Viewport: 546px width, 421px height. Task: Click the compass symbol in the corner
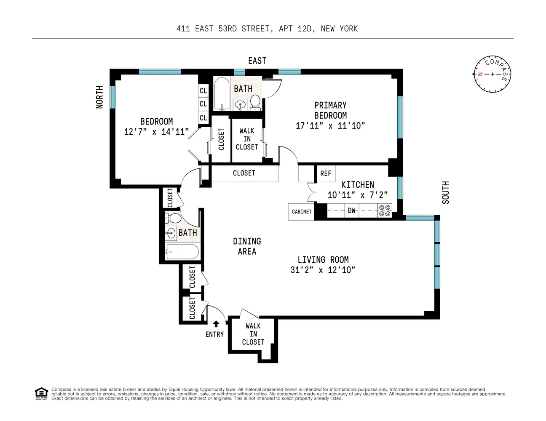(x=492, y=74)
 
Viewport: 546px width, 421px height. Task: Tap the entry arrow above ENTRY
(x=216, y=324)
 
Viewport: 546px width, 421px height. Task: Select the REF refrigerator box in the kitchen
(x=326, y=173)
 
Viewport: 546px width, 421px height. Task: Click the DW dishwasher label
(x=351, y=210)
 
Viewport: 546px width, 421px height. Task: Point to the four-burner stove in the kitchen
(x=384, y=210)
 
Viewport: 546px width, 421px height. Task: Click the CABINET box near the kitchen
(x=302, y=211)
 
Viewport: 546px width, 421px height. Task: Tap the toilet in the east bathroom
(x=255, y=101)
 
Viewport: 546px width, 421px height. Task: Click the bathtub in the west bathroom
(x=182, y=252)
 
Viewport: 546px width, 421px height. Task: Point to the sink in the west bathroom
(x=171, y=232)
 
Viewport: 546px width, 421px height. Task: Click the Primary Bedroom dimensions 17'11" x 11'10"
(x=330, y=125)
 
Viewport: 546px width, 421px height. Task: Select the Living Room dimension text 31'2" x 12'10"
(x=323, y=270)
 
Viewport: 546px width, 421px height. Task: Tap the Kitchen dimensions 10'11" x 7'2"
(x=358, y=195)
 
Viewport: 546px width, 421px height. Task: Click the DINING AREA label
(x=247, y=246)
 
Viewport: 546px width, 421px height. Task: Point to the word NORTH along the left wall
(x=99, y=97)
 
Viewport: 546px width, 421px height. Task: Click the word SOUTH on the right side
(x=445, y=193)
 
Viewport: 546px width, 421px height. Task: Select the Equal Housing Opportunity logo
(x=41, y=394)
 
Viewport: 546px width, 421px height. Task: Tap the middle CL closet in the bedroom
(x=203, y=104)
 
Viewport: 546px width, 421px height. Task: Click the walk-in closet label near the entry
(x=253, y=334)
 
